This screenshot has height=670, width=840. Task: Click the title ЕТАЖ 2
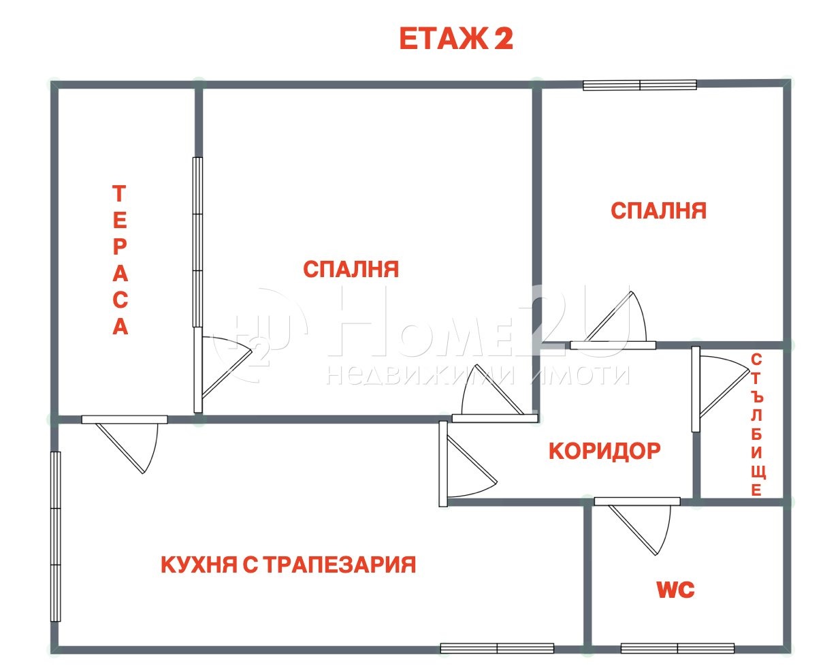pos(455,39)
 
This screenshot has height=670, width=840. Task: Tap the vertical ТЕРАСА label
pos(120,260)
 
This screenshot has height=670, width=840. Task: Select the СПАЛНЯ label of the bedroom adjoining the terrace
pos(351,269)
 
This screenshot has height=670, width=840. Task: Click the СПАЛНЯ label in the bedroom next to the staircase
pos(658,210)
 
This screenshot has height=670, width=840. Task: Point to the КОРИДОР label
pos(604,451)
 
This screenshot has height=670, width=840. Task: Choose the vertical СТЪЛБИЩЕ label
pos(756,424)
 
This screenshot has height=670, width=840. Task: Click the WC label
pos(675,590)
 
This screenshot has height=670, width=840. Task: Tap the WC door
pos(640,524)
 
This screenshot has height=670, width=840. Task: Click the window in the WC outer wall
pos(677,648)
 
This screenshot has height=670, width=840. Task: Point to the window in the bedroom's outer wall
pos(639,85)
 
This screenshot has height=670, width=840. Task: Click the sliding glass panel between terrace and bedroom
pos(197,242)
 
